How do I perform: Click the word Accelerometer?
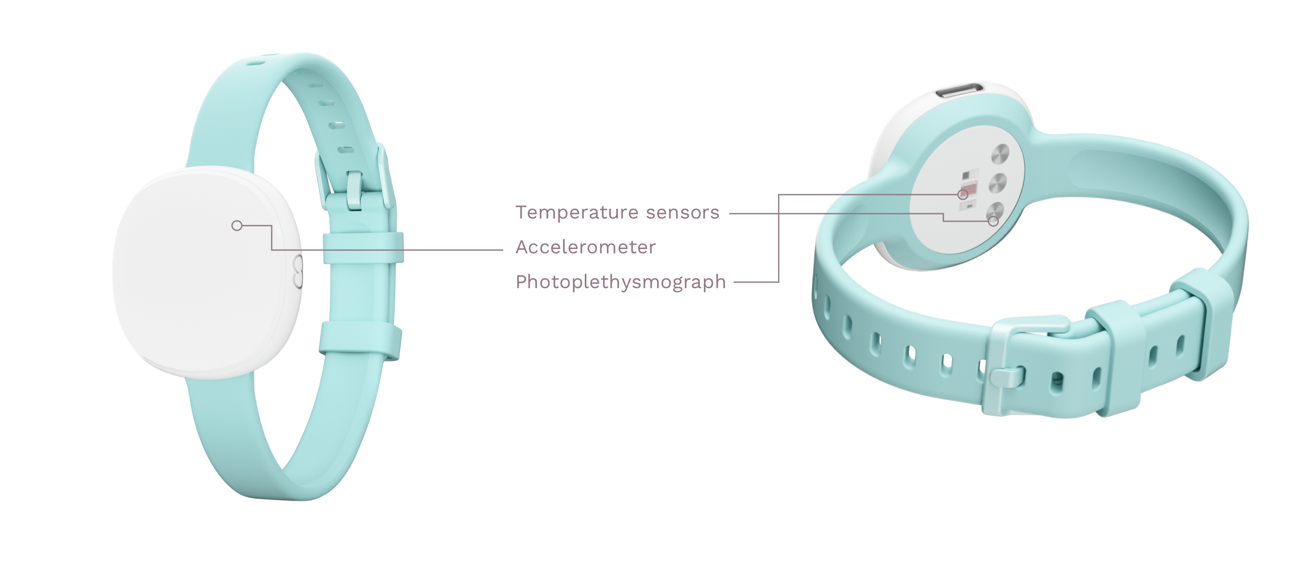coord(585,247)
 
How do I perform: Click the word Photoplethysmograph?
coord(621,282)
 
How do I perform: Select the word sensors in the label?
coord(683,212)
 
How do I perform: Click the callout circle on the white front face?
coord(236,225)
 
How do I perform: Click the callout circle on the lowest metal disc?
coord(993,221)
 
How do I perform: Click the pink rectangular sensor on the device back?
coord(968,190)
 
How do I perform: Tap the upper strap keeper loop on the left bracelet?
coord(363,248)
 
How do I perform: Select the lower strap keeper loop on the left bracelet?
coord(361,340)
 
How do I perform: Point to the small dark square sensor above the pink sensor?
coord(966,176)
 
